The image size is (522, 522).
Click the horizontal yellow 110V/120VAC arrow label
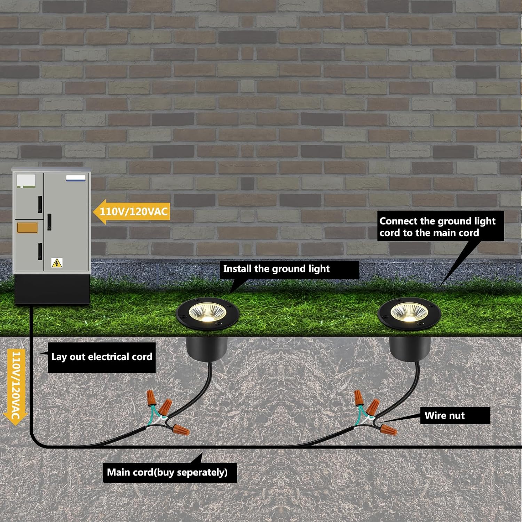[132, 211]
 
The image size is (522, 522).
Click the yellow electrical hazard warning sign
[57, 263]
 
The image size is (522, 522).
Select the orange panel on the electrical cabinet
[27, 228]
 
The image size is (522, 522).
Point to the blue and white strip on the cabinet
[76, 178]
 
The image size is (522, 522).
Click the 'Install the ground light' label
[289, 269]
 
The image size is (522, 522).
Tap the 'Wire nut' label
[455, 416]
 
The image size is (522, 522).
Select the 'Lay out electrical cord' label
[102, 357]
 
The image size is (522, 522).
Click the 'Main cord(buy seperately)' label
[170, 473]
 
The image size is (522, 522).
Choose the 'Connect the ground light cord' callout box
[441, 227]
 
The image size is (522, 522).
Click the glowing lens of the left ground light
[208, 312]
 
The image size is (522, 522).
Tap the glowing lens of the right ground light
[409, 312]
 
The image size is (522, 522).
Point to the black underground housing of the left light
[207, 348]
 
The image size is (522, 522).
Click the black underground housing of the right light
[409, 348]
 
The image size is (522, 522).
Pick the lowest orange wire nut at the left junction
[181, 429]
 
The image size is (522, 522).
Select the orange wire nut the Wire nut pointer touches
[388, 430]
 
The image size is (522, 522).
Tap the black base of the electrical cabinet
[52, 289]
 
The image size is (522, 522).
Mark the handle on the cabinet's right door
[49, 222]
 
